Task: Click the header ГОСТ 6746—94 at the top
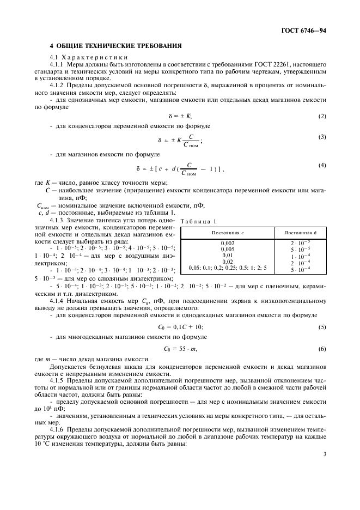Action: click(305, 32)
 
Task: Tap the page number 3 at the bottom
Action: click(324, 453)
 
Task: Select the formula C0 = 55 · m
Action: click(180, 349)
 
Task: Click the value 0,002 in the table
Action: click(228, 242)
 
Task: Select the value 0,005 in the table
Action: click(228, 248)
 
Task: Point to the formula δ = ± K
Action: click(180, 117)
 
